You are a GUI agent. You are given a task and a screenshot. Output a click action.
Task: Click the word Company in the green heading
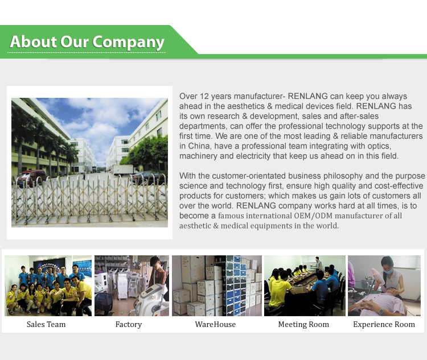[x=128, y=43]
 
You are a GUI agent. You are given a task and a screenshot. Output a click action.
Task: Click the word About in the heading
[x=33, y=42]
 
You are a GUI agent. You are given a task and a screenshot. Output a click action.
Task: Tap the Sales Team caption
[x=46, y=324]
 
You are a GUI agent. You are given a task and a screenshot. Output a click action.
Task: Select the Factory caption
[x=129, y=325]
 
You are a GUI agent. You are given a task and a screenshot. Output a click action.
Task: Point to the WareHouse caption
[x=215, y=324]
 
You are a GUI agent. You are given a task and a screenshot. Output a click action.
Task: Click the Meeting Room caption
[x=303, y=325]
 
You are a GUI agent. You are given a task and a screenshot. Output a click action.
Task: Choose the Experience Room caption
[x=384, y=325]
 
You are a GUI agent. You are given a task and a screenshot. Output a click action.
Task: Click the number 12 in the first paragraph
[x=204, y=96]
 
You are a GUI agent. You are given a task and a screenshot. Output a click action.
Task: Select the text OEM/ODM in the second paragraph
[x=313, y=216]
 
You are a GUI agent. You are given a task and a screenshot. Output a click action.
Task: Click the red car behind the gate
[x=32, y=177]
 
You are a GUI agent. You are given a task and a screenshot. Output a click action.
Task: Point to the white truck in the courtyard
[x=124, y=170]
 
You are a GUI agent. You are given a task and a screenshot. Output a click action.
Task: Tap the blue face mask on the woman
[x=388, y=271]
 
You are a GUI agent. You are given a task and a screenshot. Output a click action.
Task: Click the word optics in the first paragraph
[x=379, y=146]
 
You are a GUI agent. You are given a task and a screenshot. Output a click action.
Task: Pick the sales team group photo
[x=48, y=285]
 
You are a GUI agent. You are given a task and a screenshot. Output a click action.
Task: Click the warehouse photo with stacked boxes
[x=217, y=285]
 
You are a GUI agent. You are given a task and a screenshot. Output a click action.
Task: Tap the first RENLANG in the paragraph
[x=307, y=96]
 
